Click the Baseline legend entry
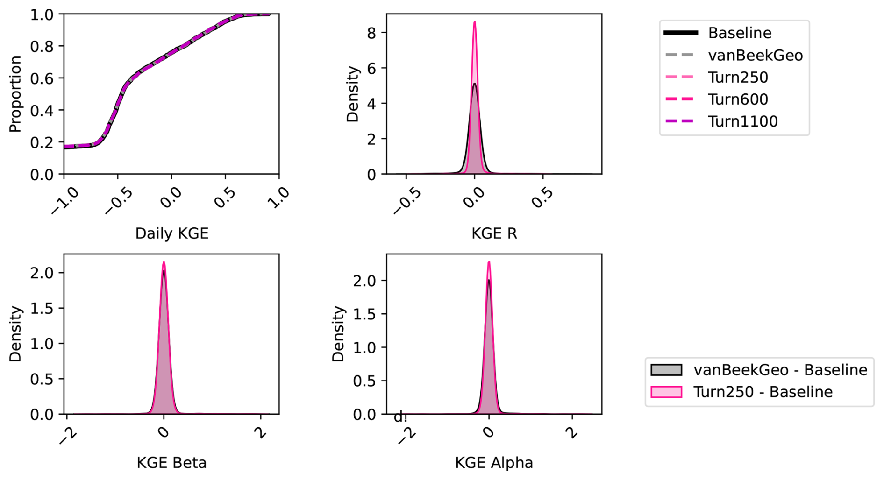(x=739, y=33)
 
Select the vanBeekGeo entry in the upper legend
(x=755, y=56)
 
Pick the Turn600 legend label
(x=738, y=99)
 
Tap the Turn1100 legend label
(x=742, y=121)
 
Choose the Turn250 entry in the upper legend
(x=738, y=78)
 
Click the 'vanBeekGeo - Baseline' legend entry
(x=780, y=370)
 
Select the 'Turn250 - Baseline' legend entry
(x=762, y=392)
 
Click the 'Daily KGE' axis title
(x=171, y=233)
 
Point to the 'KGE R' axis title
(x=494, y=233)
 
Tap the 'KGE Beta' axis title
(x=171, y=463)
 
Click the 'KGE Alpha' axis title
(x=494, y=463)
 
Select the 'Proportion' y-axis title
(x=15, y=94)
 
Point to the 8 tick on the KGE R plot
(x=372, y=33)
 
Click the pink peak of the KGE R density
(x=475, y=22)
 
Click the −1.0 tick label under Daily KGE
(x=65, y=200)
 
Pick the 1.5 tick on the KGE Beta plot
(x=42, y=308)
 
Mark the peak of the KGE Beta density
(x=164, y=262)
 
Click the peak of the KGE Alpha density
(x=489, y=262)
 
